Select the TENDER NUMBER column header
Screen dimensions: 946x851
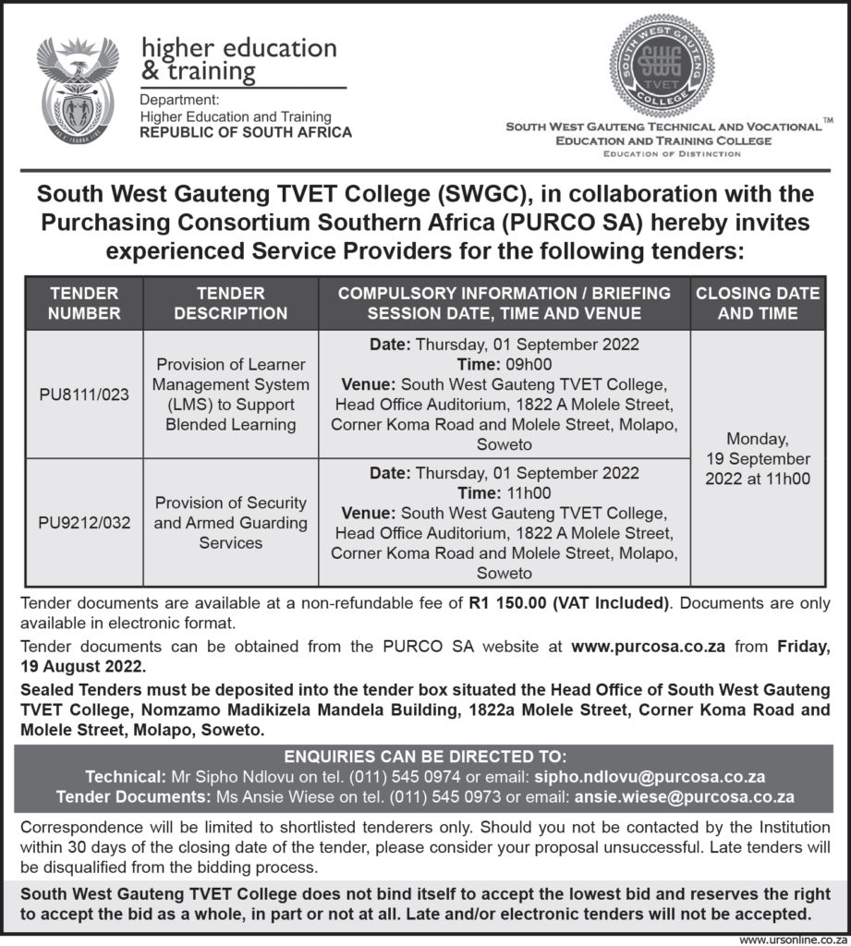[x=84, y=303]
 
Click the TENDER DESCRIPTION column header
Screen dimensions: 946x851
[x=230, y=303]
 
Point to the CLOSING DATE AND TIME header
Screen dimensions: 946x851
[x=757, y=303]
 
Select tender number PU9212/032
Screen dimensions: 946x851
[x=84, y=523]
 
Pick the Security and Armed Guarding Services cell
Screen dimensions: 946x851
[x=230, y=523]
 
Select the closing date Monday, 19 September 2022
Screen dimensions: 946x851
[x=757, y=459]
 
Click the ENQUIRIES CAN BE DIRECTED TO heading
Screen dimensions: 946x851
[x=424, y=758]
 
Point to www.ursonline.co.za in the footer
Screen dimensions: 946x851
[x=793, y=938]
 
